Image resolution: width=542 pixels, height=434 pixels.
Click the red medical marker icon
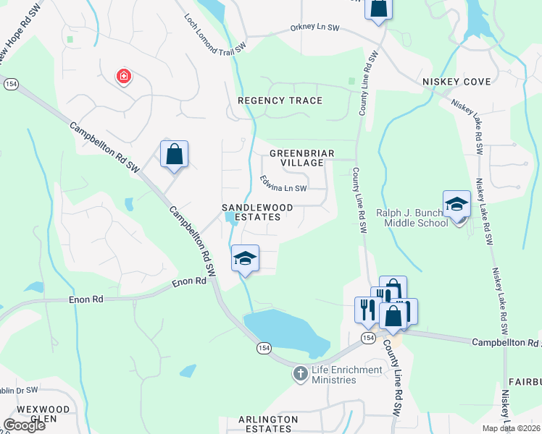(124, 75)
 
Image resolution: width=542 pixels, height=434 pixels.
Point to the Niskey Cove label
(456, 82)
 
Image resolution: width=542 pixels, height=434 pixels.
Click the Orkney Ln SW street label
(314, 29)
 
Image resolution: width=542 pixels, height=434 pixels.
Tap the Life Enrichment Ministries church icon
(301, 374)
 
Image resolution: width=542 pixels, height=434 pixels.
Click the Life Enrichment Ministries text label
(346, 375)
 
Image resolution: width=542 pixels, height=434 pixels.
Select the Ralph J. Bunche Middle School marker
(457, 203)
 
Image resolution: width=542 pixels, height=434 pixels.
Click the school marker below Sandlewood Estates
(245, 258)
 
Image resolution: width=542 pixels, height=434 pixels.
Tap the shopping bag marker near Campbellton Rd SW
(174, 154)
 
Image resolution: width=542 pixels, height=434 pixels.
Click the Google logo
(24, 425)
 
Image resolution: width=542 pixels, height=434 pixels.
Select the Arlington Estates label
(268, 424)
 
